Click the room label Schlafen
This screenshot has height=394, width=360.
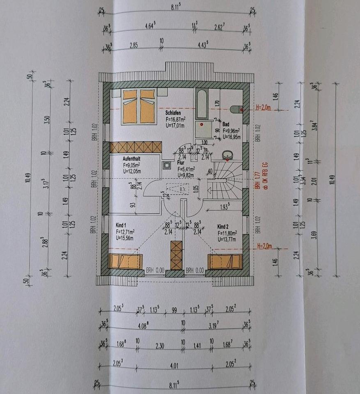click(173, 112)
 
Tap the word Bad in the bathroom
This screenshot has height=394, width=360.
click(226, 124)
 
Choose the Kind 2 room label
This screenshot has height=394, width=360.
click(223, 226)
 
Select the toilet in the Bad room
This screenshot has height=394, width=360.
click(237, 109)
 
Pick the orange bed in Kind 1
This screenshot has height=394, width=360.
click(125, 261)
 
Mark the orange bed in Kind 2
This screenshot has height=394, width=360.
click(225, 261)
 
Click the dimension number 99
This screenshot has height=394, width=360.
click(174, 310)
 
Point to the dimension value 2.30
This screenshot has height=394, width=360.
click(160, 346)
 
